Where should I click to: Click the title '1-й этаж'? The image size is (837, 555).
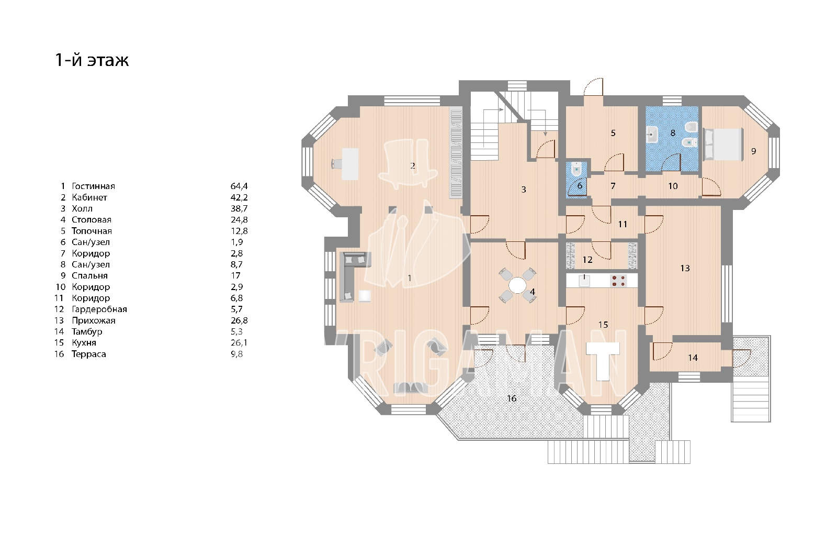click(92, 60)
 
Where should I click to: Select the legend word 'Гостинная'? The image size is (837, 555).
click(94, 186)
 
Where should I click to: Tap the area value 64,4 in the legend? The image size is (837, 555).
click(239, 186)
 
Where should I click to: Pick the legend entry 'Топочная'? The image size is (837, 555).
click(92, 231)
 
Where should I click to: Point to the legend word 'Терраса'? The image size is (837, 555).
click(89, 354)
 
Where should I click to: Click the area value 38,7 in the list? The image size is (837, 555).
click(239, 208)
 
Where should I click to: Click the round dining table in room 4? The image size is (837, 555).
click(517, 285)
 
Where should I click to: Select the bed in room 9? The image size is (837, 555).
click(723, 145)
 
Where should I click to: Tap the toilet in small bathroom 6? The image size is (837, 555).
click(577, 170)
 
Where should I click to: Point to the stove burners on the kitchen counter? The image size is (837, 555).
click(618, 281)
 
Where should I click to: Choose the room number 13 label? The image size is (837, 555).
click(685, 268)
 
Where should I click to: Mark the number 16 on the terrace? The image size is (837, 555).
click(512, 398)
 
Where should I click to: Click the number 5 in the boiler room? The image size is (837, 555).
click(613, 133)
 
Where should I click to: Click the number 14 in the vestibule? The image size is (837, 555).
click(693, 358)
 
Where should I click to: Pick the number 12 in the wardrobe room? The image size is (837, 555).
click(587, 260)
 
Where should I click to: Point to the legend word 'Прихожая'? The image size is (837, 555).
click(94, 320)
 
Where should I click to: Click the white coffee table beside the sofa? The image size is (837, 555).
click(365, 296)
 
